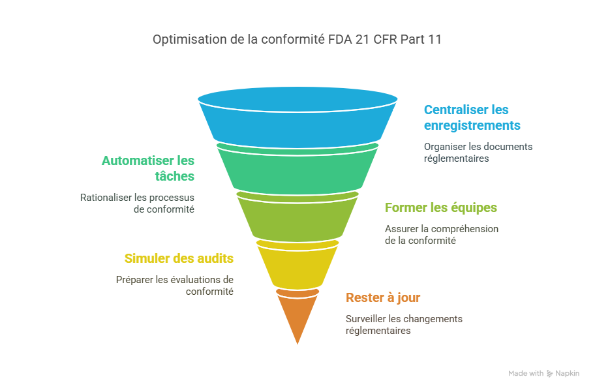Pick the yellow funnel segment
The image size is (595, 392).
point(297,264)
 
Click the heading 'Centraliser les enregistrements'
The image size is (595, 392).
point(466,117)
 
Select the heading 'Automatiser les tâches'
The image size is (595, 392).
point(148,168)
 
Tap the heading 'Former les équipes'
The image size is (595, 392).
point(441,208)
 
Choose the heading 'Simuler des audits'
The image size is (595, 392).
point(179,258)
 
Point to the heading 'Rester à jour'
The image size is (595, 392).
point(383,297)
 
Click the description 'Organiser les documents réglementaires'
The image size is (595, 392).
point(478,152)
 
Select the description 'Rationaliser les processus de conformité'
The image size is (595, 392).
point(138,203)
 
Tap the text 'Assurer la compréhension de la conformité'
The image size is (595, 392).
point(441,234)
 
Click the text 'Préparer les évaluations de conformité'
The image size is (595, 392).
point(174,285)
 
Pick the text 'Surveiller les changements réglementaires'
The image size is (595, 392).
point(404,324)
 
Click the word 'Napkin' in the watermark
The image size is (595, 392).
point(567,374)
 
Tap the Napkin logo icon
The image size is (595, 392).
point(550,374)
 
